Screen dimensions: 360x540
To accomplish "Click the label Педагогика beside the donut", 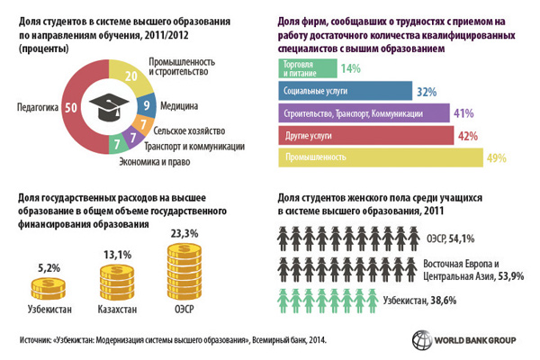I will pyautogui.click(x=36, y=107).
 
